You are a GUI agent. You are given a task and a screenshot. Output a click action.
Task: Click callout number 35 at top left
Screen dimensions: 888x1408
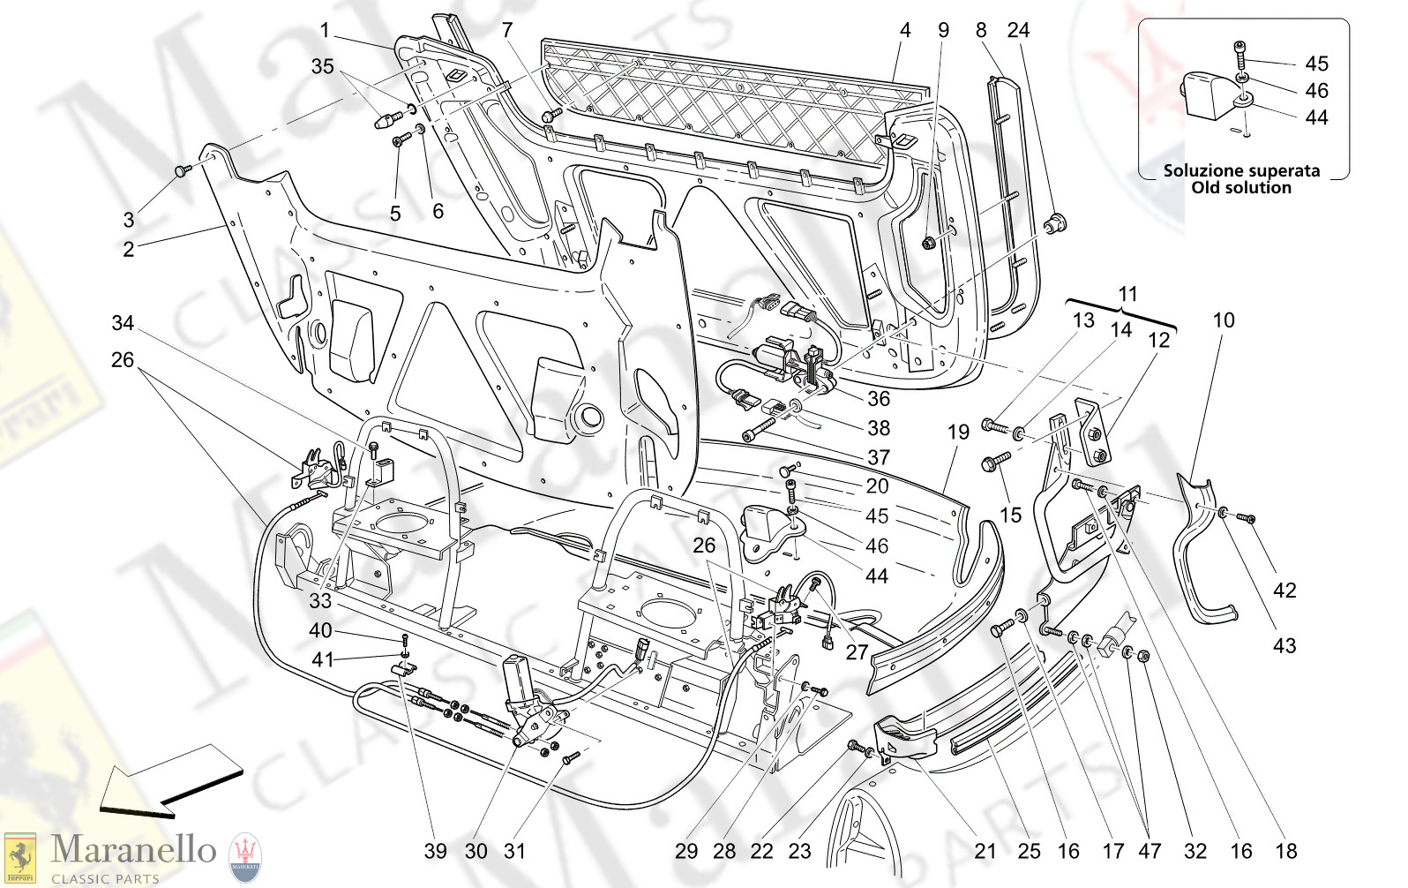[x=323, y=66]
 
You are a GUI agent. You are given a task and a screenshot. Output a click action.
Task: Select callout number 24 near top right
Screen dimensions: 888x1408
[x=1018, y=30]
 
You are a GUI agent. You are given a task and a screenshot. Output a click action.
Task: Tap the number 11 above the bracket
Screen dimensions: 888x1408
[x=1128, y=294]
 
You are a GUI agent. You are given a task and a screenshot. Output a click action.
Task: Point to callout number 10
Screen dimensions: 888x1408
[x=1224, y=320]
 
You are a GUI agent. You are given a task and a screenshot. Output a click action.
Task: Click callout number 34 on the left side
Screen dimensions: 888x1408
[x=123, y=323]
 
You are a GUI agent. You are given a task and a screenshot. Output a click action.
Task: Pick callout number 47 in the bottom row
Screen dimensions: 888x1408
[x=1150, y=851]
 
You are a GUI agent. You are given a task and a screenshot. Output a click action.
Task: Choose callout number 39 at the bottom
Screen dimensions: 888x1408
[x=436, y=851]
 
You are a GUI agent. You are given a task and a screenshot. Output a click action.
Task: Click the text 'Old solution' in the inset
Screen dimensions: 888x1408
[x=1241, y=187]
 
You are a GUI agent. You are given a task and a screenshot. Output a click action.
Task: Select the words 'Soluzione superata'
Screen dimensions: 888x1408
[x=1241, y=170]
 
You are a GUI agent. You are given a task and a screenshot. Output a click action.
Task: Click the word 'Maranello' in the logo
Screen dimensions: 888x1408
[x=133, y=849]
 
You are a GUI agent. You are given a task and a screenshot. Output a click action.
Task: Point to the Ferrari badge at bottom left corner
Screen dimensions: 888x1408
[x=19, y=857]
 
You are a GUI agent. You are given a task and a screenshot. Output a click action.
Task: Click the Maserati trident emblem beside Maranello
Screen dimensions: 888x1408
[x=245, y=857]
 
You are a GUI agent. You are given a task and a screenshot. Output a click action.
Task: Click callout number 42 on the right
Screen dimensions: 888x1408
[x=1284, y=591]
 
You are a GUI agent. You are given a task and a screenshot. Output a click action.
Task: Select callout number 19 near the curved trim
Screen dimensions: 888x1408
[x=958, y=433]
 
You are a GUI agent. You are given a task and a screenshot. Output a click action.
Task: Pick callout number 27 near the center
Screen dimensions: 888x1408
[x=857, y=652]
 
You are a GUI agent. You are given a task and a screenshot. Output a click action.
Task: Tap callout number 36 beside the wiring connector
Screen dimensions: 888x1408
[x=879, y=399]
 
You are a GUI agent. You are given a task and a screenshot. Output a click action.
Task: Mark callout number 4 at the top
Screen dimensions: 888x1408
[x=905, y=30]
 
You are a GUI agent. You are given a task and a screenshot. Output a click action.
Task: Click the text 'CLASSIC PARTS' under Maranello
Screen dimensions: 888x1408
[x=105, y=878]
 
